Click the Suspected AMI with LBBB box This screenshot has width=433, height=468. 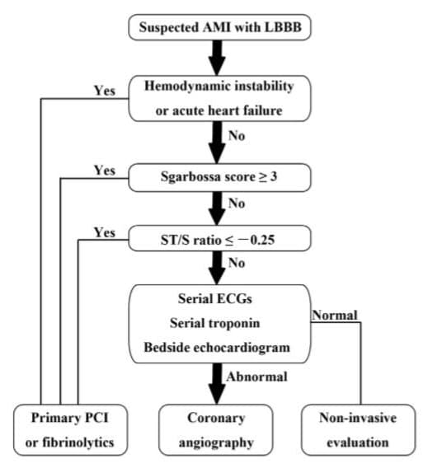click(219, 27)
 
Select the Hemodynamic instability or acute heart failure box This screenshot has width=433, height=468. click(219, 98)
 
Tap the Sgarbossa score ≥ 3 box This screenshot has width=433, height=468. click(219, 177)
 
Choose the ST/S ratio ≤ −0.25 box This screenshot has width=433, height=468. click(219, 238)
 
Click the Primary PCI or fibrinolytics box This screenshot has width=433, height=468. click(70, 430)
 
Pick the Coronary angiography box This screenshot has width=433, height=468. click(216, 430)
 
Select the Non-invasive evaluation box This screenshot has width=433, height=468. click(358, 430)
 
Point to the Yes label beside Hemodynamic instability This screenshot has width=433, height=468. click(105, 91)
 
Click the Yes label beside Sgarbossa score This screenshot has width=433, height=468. click(105, 171)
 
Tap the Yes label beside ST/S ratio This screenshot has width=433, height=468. click(105, 232)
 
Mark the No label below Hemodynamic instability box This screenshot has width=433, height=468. click(237, 136)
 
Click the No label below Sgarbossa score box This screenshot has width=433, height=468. click(237, 204)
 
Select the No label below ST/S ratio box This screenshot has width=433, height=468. click(237, 264)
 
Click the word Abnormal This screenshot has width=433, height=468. click(257, 377)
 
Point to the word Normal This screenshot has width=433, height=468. click(335, 316)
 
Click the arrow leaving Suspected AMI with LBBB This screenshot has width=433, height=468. click(217, 58)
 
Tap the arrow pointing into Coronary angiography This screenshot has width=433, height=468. click(217, 384)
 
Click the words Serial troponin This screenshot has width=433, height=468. click(215, 323)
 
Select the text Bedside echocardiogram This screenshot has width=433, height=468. click(217, 348)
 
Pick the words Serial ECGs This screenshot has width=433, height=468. click(215, 299)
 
